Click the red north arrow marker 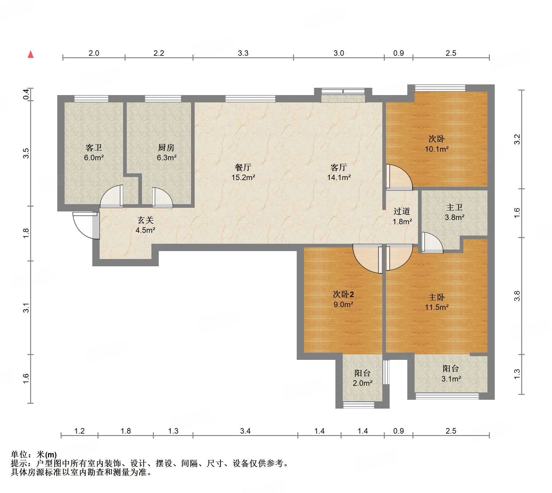(x=30, y=54)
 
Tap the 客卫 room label (x=94, y=148)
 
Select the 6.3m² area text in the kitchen (x=167, y=158)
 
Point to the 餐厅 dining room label (x=243, y=167)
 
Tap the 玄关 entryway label (x=146, y=220)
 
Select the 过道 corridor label (x=402, y=211)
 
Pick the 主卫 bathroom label (x=455, y=207)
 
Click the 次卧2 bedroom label (x=343, y=294)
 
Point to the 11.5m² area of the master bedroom (x=437, y=307)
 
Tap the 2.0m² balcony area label (x=363, y=383)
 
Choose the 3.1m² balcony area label (x=451, y=379)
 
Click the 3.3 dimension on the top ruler (x=243, y=53)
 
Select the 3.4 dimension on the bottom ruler (x=245, y=431)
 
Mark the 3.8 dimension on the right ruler (x=517, y=296)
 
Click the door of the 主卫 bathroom (x=432, y=243)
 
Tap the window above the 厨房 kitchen (x=163, y=98)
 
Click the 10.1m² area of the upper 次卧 (x=437, y=149)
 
